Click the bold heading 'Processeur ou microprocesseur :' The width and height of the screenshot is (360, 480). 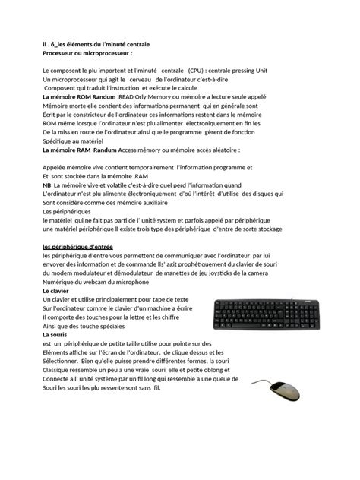[87, 54]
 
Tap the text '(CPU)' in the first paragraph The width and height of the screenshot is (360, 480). [199, 71]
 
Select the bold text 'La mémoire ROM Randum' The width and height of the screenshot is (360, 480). [79, 97]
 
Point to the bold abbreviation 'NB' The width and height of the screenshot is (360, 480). [47, 185]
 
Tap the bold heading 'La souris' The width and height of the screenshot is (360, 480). [55, 334]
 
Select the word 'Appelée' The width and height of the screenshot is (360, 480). [58, 167]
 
